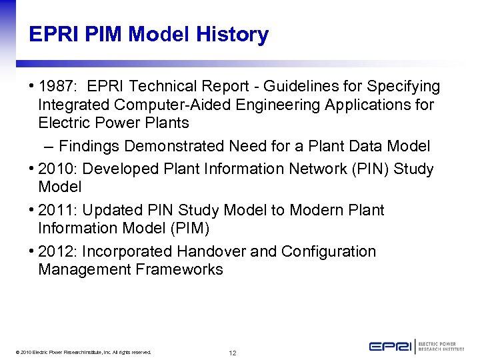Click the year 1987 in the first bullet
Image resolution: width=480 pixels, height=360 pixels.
[57, 87]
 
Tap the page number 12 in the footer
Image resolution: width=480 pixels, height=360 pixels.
[232, 353]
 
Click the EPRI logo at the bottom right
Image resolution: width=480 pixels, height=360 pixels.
[416, 346]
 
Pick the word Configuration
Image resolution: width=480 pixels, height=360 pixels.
[329, 252]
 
